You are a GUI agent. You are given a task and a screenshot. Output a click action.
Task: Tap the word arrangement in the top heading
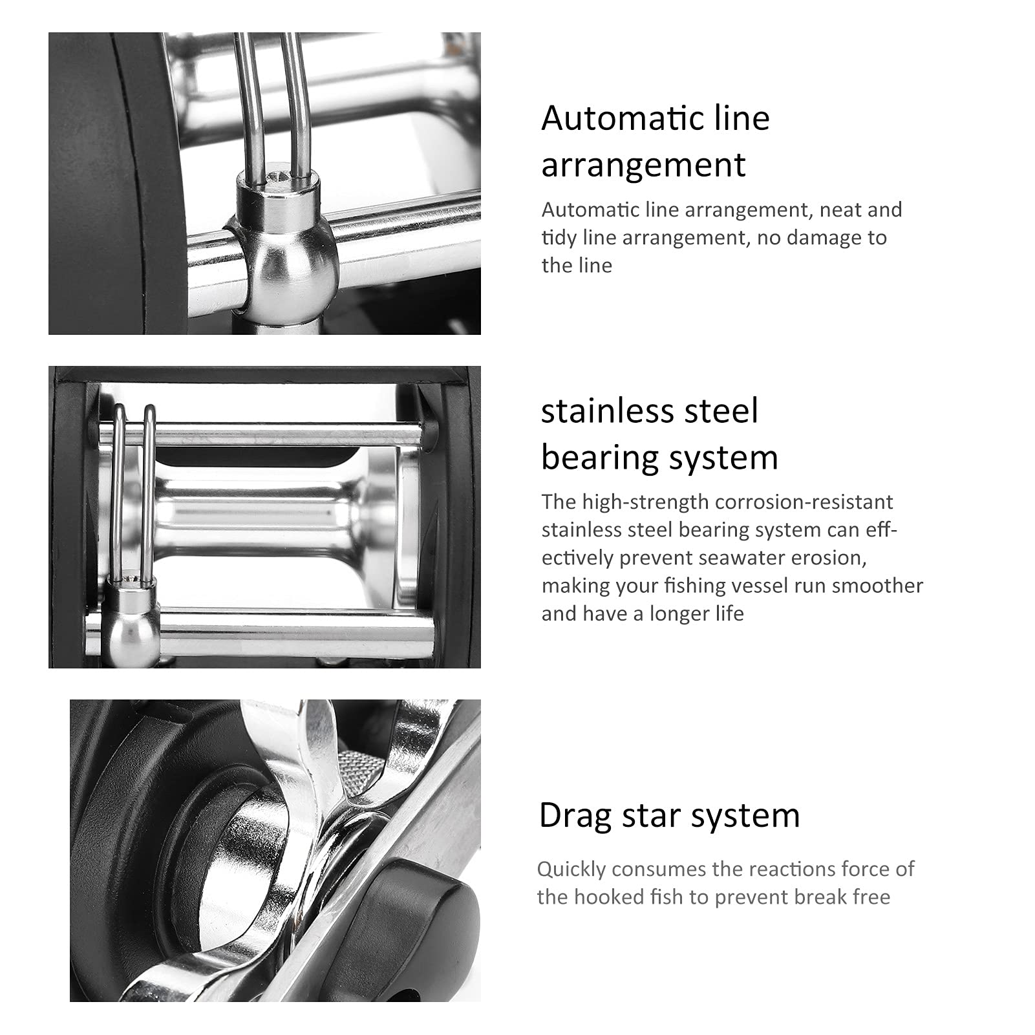click(x=643, y=165)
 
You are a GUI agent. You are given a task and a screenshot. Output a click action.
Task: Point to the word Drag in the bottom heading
click(x=576, y=816)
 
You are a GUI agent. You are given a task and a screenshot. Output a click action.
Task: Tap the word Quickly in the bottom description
click(x=571, y=870)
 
